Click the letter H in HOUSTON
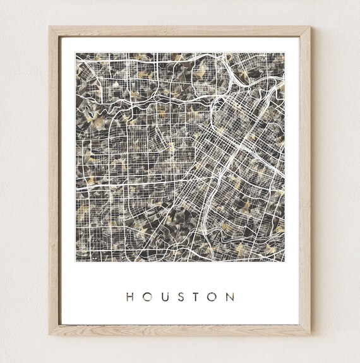[x=129, y=297]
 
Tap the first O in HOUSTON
[x=147, y=297]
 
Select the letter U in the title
[x=164, y=297]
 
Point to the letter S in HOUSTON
[x=180, y=297]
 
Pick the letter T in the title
[x=196, y=297]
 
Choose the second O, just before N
[x=212, y=297]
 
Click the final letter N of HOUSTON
[x=230, y=297]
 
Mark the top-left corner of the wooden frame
[x=49, y=27]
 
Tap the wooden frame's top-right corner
[x=311, y=27]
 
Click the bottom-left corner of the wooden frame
[x=49, y=334]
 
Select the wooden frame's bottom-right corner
[x=311, y=334]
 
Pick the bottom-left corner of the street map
[x=76, y=261]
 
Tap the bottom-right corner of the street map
[x=284, y=261]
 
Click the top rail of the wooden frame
[x=180, y=31]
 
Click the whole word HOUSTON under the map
[x=180, y=297]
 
